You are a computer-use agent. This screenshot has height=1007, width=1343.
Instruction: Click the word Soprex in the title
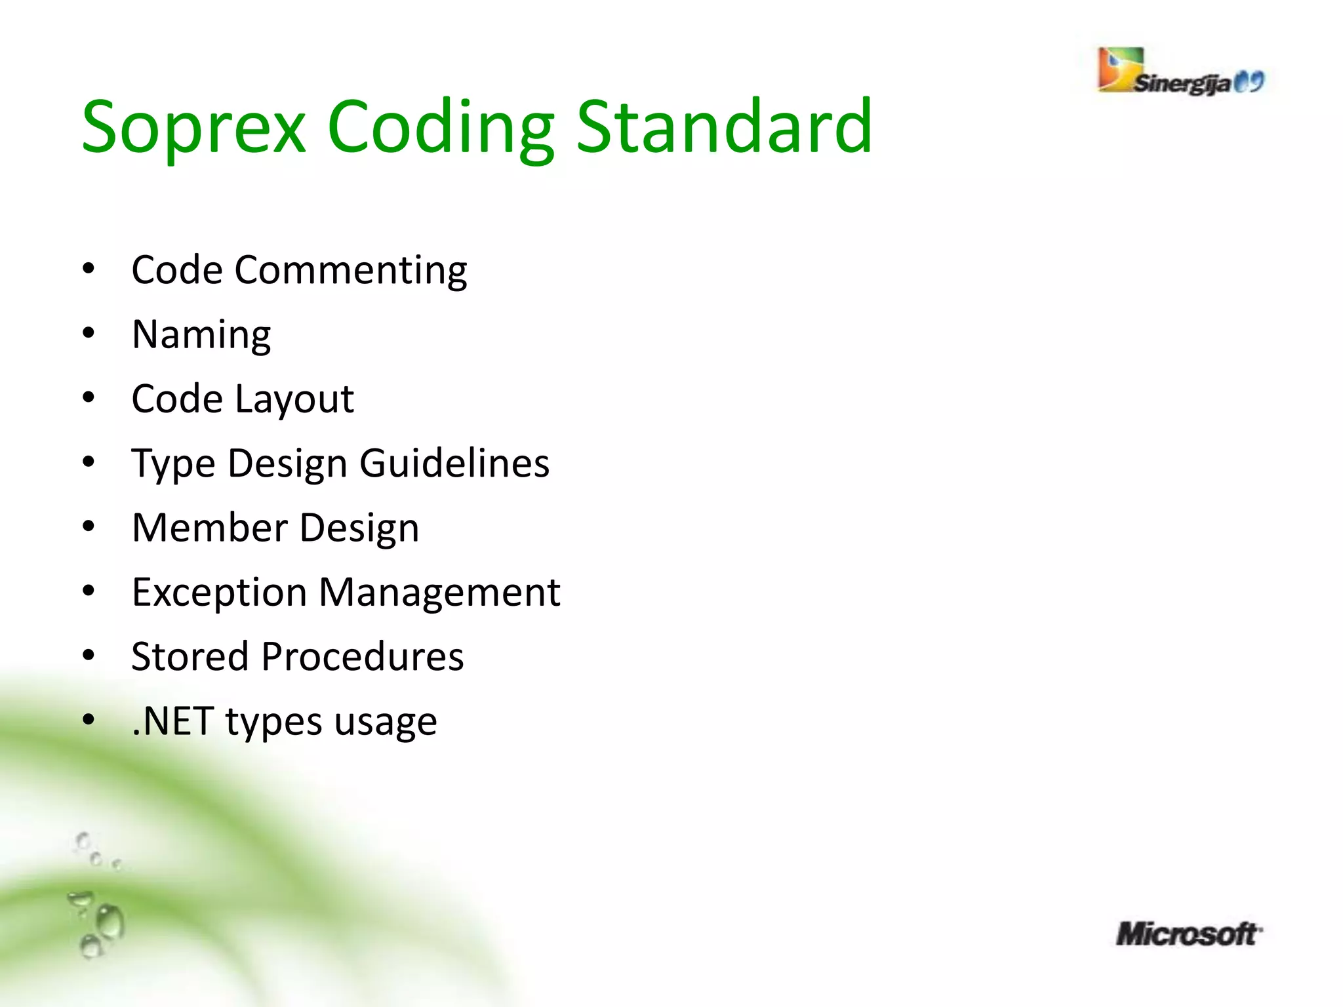[193, 128]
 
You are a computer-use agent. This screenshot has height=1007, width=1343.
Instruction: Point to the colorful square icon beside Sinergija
[1120, 69]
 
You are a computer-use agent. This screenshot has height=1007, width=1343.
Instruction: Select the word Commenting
[351, 271]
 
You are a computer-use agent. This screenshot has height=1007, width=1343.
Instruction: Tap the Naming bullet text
[201, 335]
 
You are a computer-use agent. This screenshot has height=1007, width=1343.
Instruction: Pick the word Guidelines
[454, 464]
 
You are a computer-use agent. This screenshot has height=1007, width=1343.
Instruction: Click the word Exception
[219, 593]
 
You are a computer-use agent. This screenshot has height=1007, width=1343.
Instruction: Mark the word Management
[439, 593]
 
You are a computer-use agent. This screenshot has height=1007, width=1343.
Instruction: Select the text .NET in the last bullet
[172, 721]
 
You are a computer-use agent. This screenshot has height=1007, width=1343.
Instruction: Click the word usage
[386, 722]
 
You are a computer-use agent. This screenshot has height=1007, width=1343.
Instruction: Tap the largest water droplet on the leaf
[110, 921]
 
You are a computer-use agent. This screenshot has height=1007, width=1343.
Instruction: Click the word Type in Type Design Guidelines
[173, 465]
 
